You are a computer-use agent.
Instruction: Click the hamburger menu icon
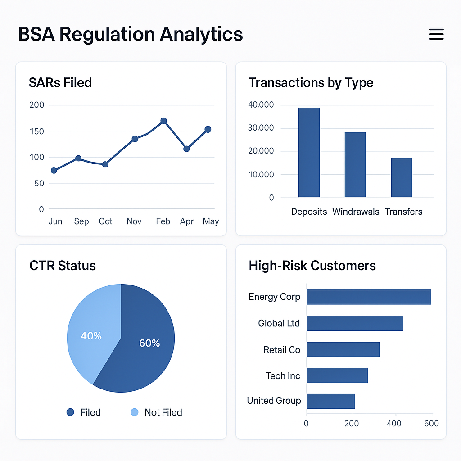coord(436,34)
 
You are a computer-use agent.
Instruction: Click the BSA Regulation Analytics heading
coord(131,34)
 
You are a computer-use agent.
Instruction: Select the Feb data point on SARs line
coord(163,121)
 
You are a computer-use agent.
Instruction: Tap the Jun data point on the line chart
coord(54,171)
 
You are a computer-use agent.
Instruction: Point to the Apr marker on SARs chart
coord(186,149)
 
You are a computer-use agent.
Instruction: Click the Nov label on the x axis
coord(134,221)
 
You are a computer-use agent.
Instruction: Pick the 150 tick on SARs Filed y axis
coord(37,131)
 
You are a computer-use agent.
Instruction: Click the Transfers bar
coord(401,178)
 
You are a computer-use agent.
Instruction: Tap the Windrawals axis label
coord(356,212)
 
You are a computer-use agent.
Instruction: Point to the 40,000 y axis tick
coord(261,105)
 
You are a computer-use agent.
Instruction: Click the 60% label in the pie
coord(149,343)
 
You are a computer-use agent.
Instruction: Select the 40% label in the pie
coord(91,336)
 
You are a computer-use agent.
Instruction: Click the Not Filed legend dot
coord(134,412)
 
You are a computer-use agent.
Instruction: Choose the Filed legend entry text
coord(90,412)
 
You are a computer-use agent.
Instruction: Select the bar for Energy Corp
coord(368,297)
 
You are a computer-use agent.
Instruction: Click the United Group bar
coord(330,401)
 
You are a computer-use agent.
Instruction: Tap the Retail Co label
coord(282,350)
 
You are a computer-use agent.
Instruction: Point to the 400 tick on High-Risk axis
coord(394,423)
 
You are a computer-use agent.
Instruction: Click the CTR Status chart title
coord(63,266)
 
